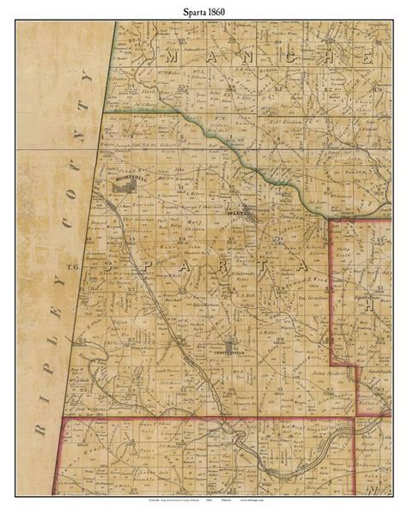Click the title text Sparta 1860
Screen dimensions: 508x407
203,11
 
